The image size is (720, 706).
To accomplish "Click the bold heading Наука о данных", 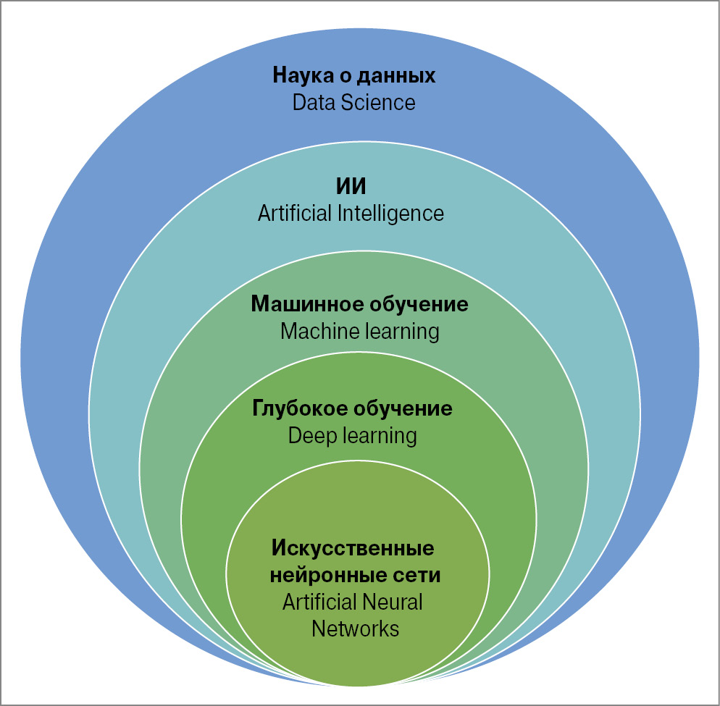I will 353,75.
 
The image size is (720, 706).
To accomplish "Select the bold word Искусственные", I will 353,548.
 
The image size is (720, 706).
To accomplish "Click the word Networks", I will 355,628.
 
